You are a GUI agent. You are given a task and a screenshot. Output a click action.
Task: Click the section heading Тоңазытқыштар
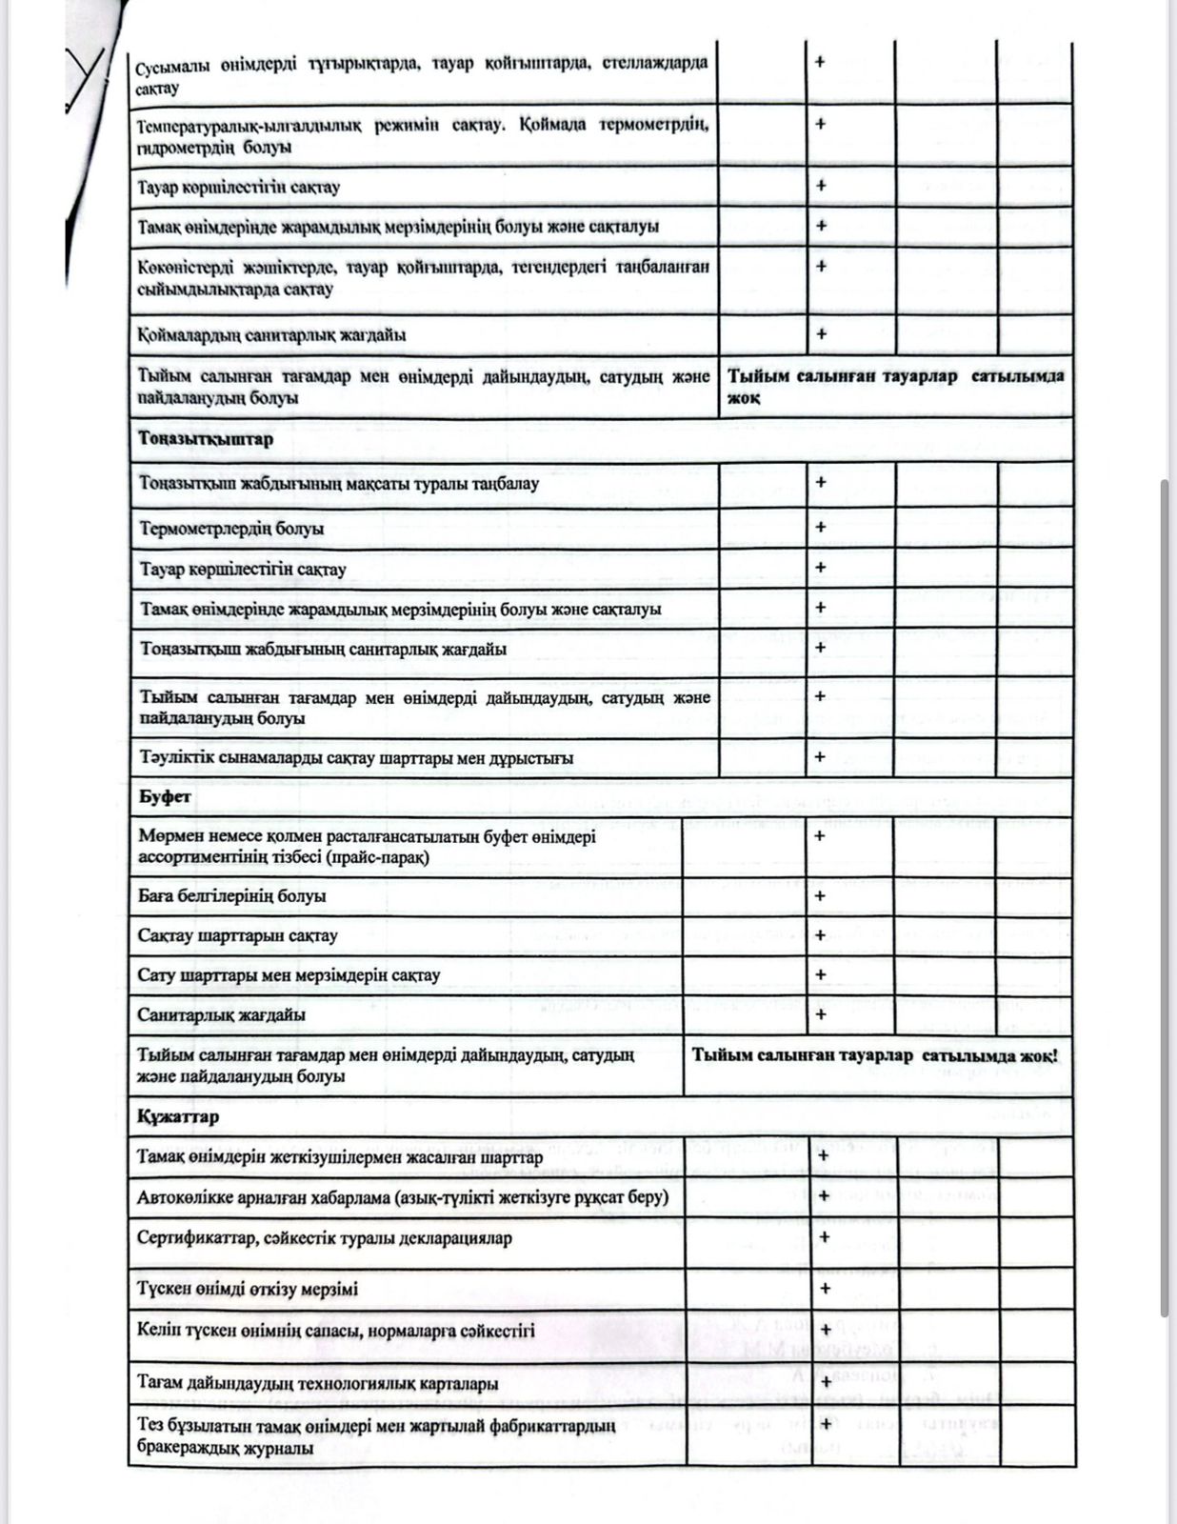coord(206,439)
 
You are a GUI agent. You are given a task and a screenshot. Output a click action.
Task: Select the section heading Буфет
coord(165,796)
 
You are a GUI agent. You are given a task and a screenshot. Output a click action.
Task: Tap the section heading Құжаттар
coord(178,1115)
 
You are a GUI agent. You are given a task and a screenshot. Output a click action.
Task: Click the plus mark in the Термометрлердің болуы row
coord(821,527)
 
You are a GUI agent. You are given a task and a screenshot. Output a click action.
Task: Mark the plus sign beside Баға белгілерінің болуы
coord(820,895)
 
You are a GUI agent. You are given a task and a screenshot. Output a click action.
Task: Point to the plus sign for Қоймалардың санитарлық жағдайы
coord(821,333)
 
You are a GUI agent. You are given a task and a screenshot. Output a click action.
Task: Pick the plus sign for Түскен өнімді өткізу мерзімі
coord(825,1288)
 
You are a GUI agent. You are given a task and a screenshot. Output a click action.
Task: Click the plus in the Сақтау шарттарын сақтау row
coord(820,935)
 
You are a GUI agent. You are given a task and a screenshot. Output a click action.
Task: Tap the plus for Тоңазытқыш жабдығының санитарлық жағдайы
coord(821,647)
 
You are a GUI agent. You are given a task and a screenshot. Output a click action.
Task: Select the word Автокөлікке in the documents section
coord(179,1197)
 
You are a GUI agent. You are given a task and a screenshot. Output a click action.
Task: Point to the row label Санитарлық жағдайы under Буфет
coord(222,1014)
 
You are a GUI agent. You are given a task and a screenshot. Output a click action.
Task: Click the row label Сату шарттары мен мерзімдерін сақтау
coord(289,975)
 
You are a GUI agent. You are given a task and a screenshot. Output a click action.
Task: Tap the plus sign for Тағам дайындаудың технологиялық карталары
coord(826,1381)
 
